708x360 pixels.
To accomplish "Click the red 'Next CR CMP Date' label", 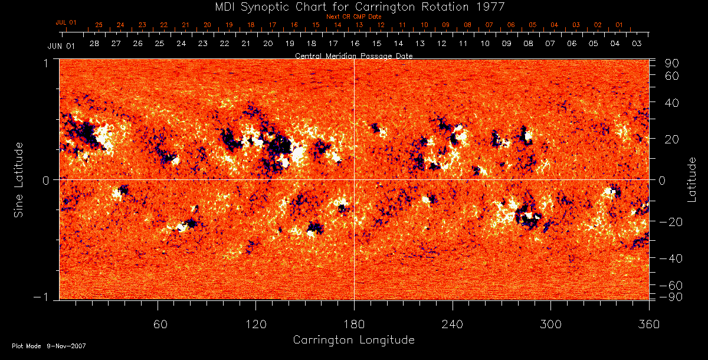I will tap(353, 17).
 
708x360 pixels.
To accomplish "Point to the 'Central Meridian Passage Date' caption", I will tap(353, 55).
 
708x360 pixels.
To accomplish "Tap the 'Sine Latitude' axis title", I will tap(19, 179).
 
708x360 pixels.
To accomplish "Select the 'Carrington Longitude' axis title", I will tap(353, 340).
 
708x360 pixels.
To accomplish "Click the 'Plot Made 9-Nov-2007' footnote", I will tap(49, 346).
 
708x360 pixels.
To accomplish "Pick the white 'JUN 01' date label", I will tap(61, 45).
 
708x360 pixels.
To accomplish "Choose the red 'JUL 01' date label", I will tap(66, 22).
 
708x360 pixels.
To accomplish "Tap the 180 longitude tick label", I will tap(354, 323).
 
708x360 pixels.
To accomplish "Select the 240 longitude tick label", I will tap(453, 323).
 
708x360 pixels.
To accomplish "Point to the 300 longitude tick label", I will tap(550, 323).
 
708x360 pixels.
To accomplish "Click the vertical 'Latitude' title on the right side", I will tap(692, 179).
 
